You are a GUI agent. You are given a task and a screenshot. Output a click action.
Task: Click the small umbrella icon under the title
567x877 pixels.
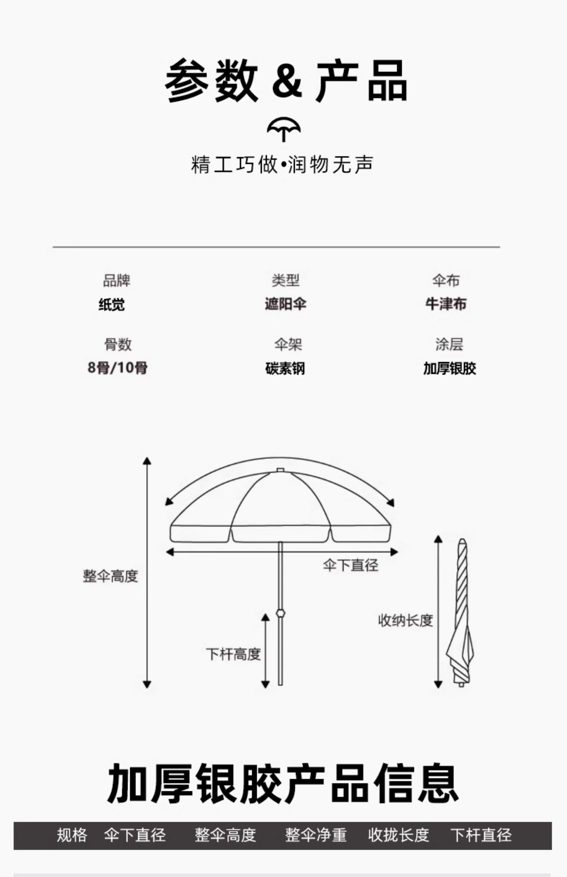pos(283,129)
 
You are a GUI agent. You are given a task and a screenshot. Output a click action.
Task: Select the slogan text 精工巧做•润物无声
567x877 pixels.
pos(282,164)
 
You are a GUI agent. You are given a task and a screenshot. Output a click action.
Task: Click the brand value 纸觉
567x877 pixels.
pos(112,304)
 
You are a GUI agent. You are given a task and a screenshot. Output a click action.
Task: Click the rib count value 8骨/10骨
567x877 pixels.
pos(118,368)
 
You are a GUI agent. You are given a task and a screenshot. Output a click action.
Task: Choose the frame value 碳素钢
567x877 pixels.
pos(285,368)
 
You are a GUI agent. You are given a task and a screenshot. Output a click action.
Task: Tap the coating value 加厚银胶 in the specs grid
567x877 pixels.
pos(449,368)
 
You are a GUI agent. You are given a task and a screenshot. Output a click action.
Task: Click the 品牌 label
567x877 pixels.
pos(116,280)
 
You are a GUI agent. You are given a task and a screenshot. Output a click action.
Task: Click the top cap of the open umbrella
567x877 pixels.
pos(280,470)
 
